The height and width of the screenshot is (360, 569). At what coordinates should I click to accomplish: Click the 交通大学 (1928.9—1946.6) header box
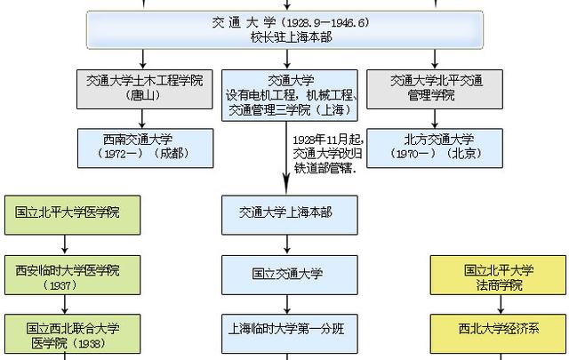284,29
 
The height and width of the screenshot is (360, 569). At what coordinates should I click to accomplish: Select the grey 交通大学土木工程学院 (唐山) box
144,89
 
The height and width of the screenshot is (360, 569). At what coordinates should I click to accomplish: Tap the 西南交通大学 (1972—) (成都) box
145,148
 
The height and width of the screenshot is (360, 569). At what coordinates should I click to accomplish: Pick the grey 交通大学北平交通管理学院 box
435,89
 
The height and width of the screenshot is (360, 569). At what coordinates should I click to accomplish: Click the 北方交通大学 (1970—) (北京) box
435,148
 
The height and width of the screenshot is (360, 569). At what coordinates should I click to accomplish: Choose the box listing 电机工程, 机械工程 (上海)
290,95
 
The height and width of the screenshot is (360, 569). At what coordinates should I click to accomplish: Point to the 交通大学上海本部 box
290,215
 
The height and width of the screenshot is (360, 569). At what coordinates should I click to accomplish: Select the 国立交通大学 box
290,275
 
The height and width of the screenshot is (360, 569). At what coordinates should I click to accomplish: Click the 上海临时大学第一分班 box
290,333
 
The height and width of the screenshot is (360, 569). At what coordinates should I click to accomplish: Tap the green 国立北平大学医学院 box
73,215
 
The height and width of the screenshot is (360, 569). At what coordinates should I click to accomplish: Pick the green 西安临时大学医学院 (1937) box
73,275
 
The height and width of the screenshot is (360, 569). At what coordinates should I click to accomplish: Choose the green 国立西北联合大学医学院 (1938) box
73,333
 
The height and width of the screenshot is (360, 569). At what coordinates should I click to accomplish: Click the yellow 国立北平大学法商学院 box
498,275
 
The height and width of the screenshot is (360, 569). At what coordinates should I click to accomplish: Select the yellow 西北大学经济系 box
498,333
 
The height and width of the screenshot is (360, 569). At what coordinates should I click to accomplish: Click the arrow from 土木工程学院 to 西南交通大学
142,119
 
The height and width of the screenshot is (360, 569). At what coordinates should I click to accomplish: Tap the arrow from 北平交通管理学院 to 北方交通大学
435,119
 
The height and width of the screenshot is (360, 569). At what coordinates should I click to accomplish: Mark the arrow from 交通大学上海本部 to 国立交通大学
287,245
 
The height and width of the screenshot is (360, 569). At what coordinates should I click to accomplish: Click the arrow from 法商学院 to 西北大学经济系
501,304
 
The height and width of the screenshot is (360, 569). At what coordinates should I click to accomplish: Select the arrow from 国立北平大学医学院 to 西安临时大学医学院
65,245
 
